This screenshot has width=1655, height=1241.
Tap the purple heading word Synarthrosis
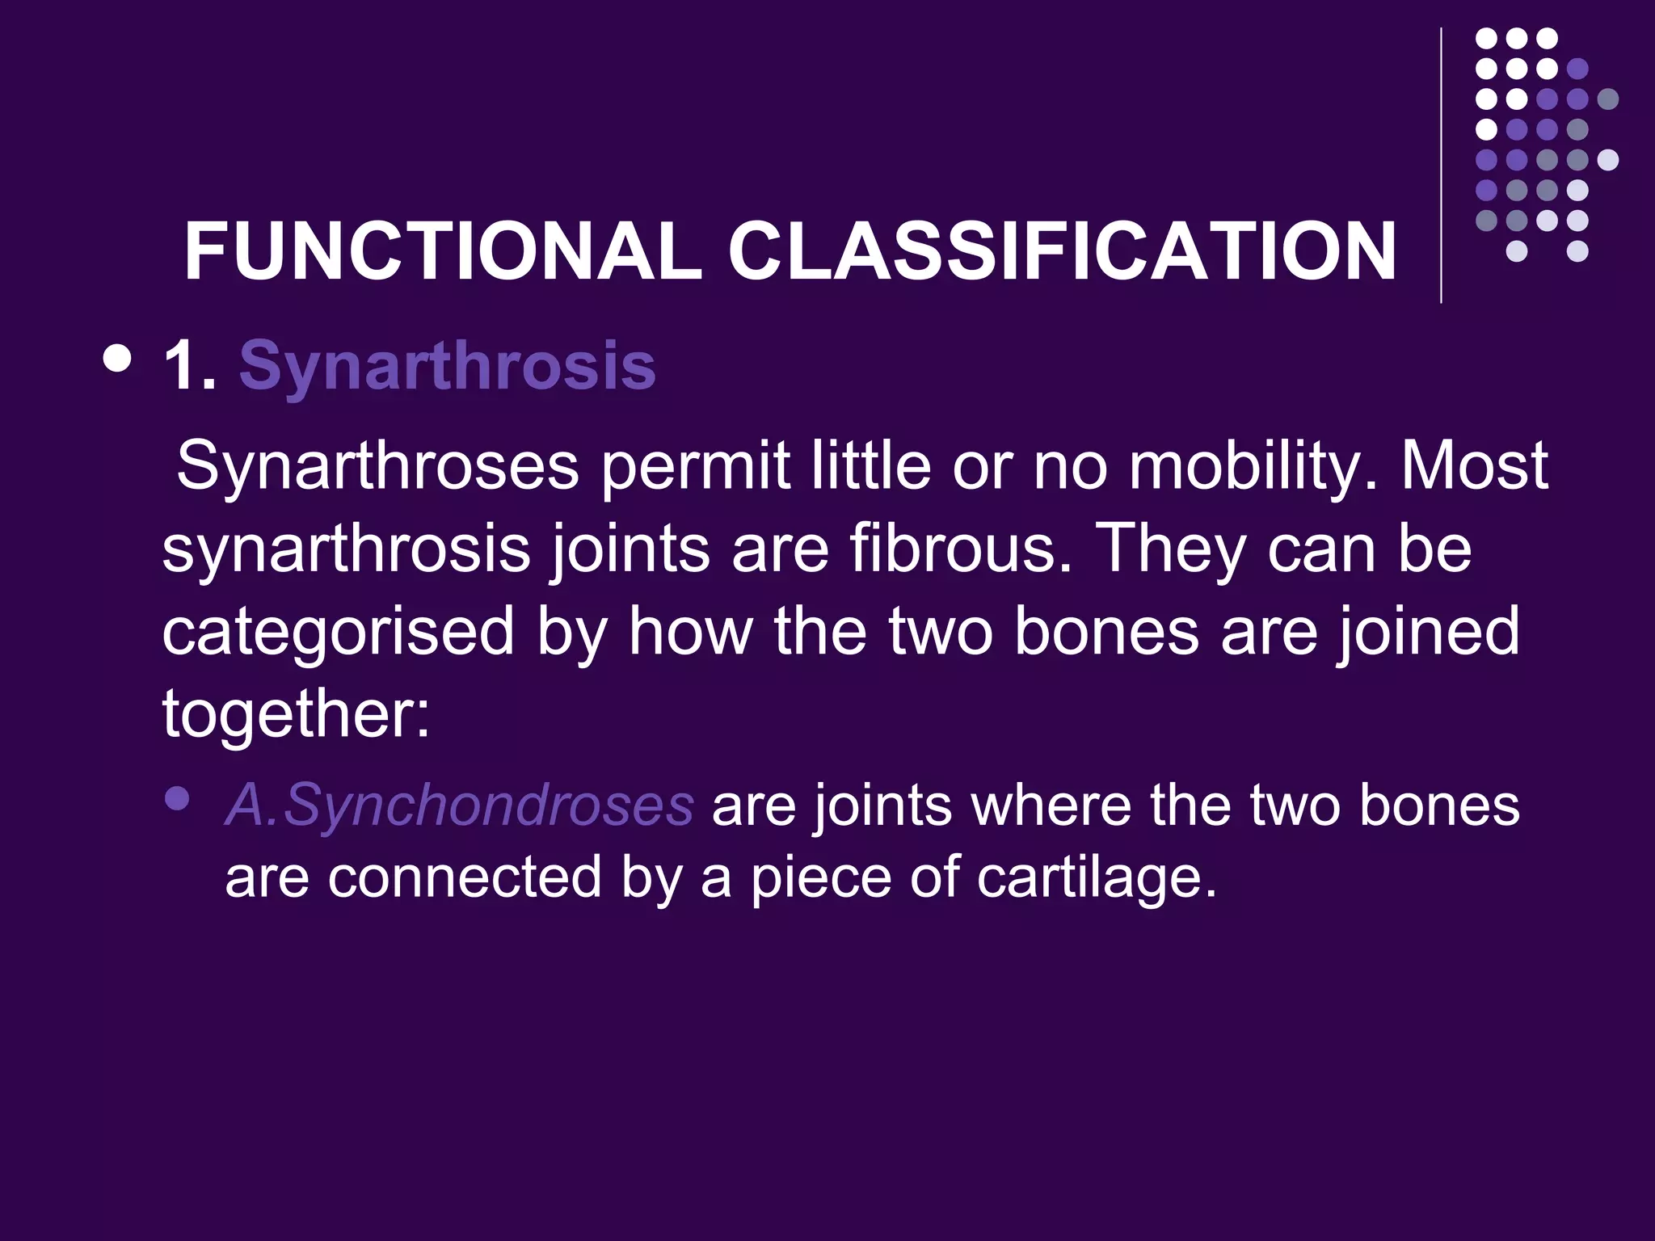click(x=447, y=366)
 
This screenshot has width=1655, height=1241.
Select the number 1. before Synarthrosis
click(x=191, y=366)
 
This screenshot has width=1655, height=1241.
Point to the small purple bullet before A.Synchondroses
click(x=176, y=799)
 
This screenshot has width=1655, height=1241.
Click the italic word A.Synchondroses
click(x=459, y=805)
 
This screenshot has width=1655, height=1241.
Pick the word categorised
click(x=338, y=633)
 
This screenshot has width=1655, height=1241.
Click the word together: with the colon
click(x=296, y=714)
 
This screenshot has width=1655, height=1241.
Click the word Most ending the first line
click(x=1474, y=466)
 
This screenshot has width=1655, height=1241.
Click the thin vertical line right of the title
click(x=1441, y=166)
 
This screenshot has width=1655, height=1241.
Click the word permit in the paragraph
click(x=695, y=466)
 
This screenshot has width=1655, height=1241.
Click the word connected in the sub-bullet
click(x=465, y=877)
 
